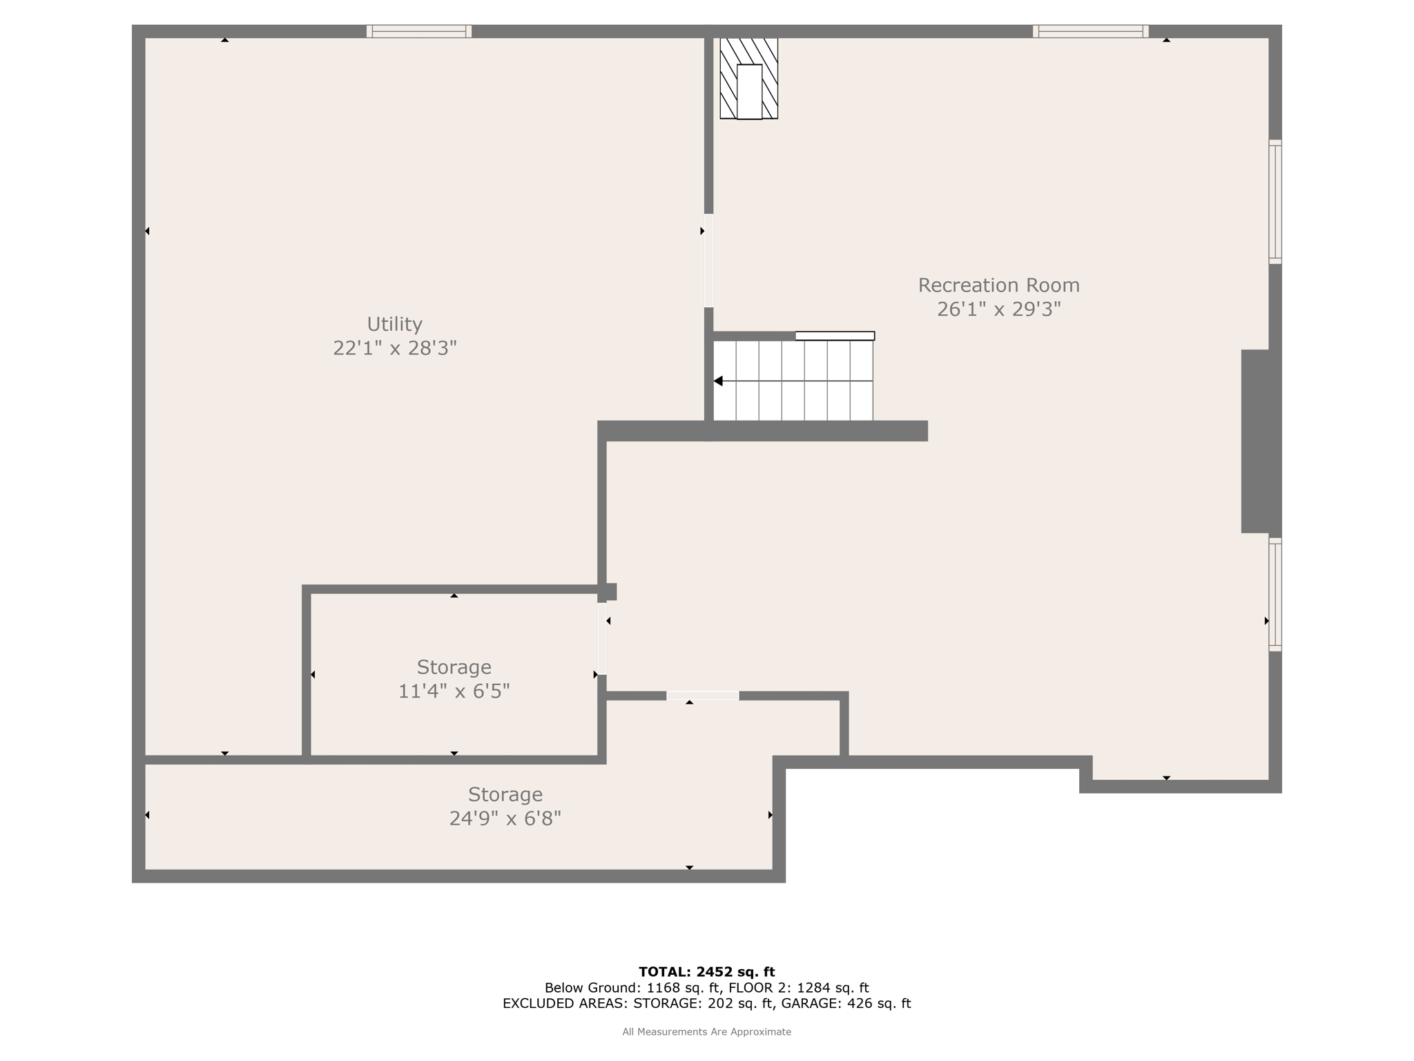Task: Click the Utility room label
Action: click(394, 324)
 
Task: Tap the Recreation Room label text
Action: click(998, 285)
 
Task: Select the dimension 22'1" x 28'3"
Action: click(394, 348)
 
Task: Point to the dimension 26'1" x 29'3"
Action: click(998, 309)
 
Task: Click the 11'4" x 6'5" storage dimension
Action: click(454, 691)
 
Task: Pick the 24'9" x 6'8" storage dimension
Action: click(505, 819)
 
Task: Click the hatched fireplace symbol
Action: click(749, 79)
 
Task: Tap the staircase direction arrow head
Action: click(718, 381)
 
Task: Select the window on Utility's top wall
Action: click(419, 31)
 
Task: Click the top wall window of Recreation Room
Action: click(1091, 31)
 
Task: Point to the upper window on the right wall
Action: click(1275, 202)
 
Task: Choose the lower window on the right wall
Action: click(1275, 595)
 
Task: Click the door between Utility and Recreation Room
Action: click(708, 260)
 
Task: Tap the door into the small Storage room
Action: click(602, 638)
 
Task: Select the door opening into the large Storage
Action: click(703, 696)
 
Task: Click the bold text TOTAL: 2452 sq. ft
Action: click(706, 972)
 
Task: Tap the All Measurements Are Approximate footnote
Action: click(706, 1032)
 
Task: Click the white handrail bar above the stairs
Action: click(835, 336)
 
